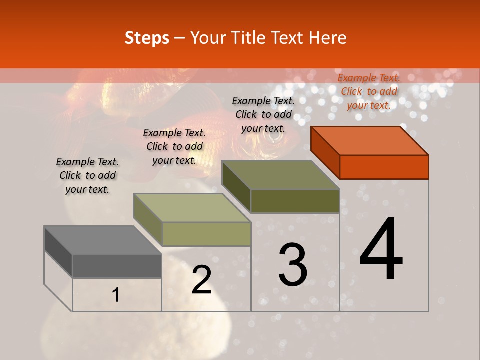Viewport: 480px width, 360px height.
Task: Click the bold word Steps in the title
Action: pos(147,38)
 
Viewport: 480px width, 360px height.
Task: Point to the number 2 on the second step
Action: pos(202,280)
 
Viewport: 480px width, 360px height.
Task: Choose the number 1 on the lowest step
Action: pos(116,295)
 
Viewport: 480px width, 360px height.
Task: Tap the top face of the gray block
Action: pos(103,240)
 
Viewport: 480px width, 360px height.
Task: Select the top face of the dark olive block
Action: pos(281,175)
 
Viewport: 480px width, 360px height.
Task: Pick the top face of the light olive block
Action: pos(192,208)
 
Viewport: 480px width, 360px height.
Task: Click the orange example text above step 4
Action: pos(369,91)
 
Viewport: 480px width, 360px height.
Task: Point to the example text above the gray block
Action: pos(87,175)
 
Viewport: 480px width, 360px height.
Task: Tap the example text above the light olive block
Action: pos(174,146)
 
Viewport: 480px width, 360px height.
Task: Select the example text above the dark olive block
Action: pos(263,114)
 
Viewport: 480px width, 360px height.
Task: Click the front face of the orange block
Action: pos(384,167)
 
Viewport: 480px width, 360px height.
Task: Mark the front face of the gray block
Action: pos(117,266)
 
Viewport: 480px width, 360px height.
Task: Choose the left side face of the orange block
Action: pos(325,152)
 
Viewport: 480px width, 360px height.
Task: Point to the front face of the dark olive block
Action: pos(295,201)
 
